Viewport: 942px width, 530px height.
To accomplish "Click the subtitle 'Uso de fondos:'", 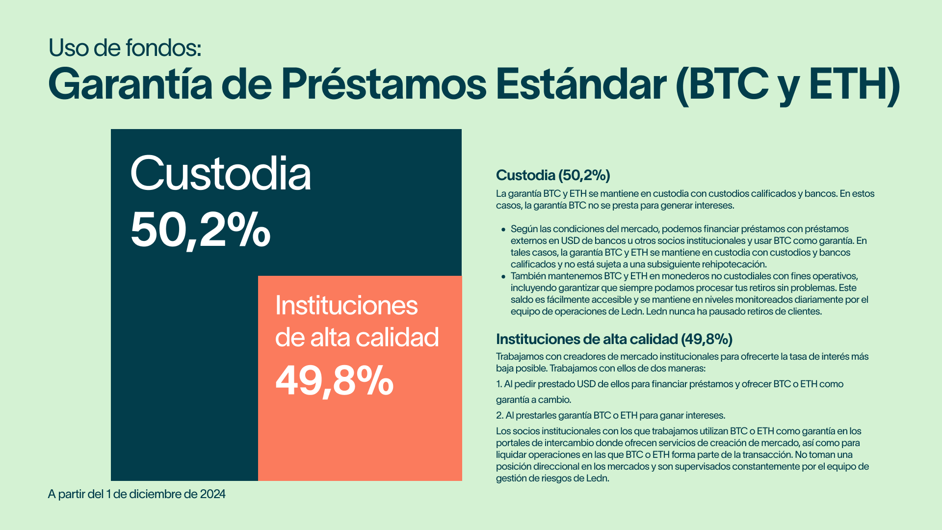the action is coord(125,48).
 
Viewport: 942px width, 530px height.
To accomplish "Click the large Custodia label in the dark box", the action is coord(221,173).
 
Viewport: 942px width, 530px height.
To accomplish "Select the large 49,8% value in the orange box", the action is coord(335,381).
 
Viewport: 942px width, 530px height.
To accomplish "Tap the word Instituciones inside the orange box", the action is coord(346,305).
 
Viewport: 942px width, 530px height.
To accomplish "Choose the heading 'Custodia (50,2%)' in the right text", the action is coord(553,175).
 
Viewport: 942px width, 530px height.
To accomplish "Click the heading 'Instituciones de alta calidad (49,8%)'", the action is coord(614,339).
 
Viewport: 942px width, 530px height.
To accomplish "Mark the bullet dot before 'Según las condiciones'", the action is coord(503,229).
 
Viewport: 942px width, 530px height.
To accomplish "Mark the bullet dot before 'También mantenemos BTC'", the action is coord(503,276).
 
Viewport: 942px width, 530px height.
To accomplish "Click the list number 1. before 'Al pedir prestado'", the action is coord(499,384).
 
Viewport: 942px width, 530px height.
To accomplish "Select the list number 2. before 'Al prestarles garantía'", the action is coord(499,416).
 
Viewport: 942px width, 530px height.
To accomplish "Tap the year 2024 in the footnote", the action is coord(212,494).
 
